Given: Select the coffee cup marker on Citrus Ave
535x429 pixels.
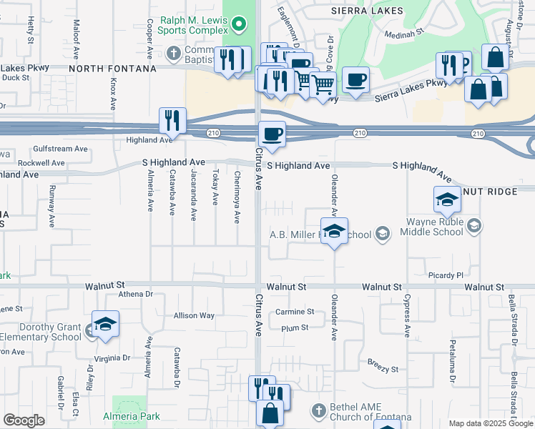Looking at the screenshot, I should coord(271,133).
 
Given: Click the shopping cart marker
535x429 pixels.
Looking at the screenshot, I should coord(323,84).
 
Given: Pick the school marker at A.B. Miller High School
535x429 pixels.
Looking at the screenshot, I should coord(333,231).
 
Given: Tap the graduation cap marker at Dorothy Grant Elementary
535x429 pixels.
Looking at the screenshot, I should coord(106,324).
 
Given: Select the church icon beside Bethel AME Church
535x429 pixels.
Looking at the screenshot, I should coord(319,410).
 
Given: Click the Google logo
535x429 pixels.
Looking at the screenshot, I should coord(24,420).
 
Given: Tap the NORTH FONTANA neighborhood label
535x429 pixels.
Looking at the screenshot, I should coord(112,69).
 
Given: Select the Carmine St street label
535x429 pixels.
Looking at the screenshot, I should coord(295,312).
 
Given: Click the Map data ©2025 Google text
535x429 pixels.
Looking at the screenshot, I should coord(491,423).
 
